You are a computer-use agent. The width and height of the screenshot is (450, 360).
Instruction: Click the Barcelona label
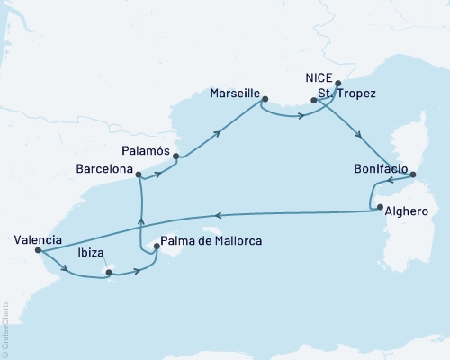[x=105, y=168]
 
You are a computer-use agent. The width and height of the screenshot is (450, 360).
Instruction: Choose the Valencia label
[x=39, y=239]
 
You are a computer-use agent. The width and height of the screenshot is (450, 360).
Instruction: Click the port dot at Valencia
[x=39, y=251]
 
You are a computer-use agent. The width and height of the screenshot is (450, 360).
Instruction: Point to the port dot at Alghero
[x=379, y=208]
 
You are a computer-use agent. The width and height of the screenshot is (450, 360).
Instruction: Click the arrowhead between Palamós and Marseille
[x=219, y=132]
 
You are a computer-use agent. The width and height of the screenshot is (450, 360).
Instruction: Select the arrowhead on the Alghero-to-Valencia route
[x=217, y=214]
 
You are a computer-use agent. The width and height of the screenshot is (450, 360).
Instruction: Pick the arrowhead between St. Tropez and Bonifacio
[x=360, y=137]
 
